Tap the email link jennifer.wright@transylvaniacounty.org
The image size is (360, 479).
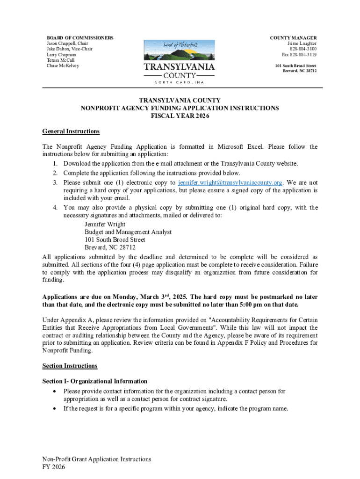pos(230,182)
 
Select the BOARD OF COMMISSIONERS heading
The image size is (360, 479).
pos(79,37)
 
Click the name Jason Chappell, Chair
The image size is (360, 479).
pos(67,44)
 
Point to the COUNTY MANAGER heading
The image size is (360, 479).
pos(293,37)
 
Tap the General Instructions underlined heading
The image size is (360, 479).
pos(71,131)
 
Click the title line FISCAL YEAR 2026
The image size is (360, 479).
pos(180,116)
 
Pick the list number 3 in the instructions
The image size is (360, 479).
pos(55,182)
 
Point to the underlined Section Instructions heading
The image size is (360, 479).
pos(70,366)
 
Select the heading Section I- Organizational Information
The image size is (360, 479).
pos(94,381)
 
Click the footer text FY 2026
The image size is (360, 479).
pos(53,467)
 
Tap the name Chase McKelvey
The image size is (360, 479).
pos(63,66)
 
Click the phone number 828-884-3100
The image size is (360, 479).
pos(303,49)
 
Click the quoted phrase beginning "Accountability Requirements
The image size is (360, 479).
pos(252,320)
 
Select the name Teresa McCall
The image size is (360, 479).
pos(61,60)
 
